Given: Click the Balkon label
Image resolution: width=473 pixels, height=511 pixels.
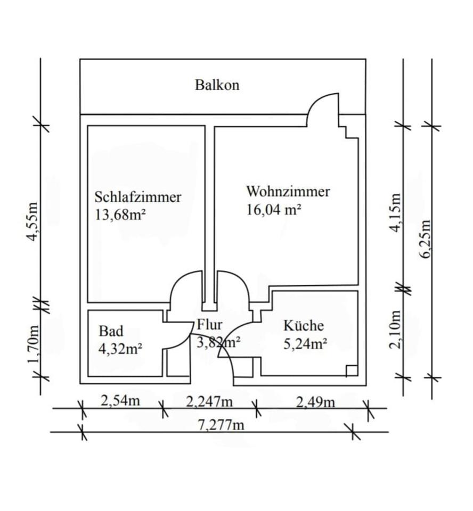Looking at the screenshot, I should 217,85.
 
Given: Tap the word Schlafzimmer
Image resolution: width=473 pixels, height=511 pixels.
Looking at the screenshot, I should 138,197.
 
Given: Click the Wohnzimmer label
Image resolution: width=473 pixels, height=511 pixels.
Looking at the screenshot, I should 288,192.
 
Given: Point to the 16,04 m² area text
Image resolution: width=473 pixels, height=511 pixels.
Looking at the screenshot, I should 274,209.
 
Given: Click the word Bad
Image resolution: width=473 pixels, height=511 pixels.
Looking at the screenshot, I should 111,331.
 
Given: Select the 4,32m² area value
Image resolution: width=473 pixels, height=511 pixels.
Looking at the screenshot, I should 120,349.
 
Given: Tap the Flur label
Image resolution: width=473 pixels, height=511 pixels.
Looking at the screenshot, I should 209,325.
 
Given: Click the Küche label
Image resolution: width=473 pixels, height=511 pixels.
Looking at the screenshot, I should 304,325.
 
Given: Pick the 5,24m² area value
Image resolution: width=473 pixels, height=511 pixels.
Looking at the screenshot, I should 305,344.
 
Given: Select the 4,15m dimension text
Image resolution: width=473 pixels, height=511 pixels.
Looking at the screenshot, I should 395,212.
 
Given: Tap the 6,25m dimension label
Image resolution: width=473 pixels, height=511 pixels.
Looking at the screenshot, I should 426,238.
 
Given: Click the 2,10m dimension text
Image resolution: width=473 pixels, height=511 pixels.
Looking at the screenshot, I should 395,329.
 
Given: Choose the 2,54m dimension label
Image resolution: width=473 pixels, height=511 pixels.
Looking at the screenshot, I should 120,400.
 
